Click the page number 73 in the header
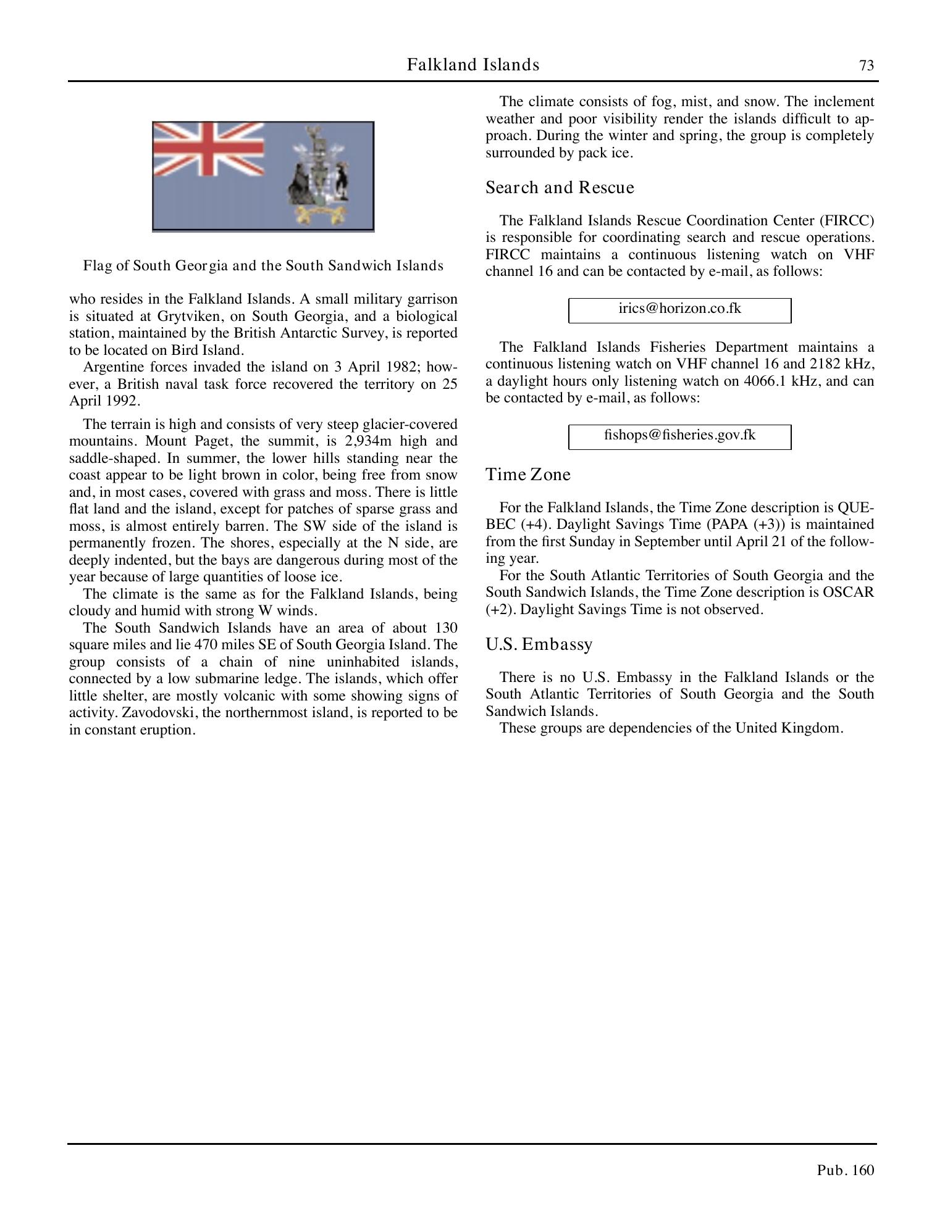click(867, 65)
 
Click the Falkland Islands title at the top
click(473, 65)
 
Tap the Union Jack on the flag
click(208, 148)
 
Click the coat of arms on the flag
click(318, 174)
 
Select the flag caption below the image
click(263, 266)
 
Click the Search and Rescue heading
click(560, 188)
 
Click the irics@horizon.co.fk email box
click(679, 309)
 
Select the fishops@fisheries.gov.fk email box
click(679, 436)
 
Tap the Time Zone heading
click(528, 475)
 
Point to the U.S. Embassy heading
click(539, 644)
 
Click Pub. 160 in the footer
click(845, 1170)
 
